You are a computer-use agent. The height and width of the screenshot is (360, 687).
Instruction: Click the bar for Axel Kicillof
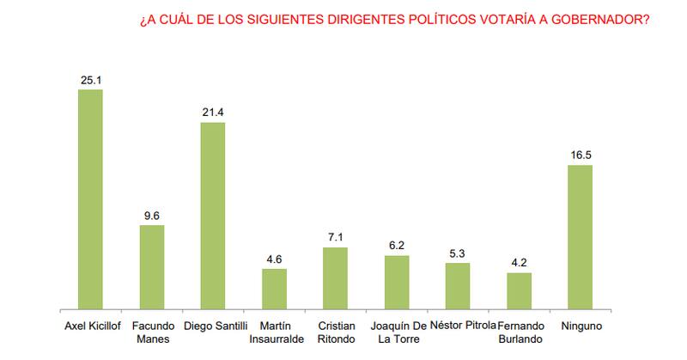pyautogui.click(x=90, y=198)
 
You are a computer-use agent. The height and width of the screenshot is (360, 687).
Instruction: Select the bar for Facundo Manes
pyautogui.click(x=152, y=266)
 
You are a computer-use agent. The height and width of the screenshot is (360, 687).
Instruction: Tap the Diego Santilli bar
pyautogui.click(x=213, y=215)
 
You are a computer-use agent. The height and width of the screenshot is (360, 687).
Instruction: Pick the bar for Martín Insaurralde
pyautogui.click(x=274, y=288)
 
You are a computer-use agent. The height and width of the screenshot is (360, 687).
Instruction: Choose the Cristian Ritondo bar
pyautogui.click(x=336, y=278)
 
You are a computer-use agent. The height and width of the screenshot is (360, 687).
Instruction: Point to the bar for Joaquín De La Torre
pyautogui.click(x=397, y=281)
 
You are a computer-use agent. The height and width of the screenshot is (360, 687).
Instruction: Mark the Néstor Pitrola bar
pyautogui.click(x=458, y=285)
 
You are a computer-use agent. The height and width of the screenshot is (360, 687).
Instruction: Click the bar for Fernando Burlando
pyautogui.click(x=520, y=290)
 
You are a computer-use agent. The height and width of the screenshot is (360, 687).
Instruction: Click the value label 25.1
pyautogui.click(x=90, y=80)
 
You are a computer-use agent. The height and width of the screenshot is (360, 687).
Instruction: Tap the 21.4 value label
pyautogui.click(x=213, y=113)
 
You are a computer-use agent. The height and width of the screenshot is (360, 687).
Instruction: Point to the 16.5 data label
pyautogui.click(x=581, y=156)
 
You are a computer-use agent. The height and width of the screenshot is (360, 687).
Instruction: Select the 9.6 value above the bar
pyautogui.click(x=152, y=216)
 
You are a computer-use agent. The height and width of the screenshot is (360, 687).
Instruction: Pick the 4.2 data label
pyautogui.click(x=520, y=264)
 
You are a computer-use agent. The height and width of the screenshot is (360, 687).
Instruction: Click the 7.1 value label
pyautogui.click(x=336, y=238)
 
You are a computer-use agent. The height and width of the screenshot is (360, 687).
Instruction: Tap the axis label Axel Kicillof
pyautogui.click(x=90, y=326)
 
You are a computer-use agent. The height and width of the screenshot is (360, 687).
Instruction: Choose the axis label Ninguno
pyautogui.click(x=581, y=326)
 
